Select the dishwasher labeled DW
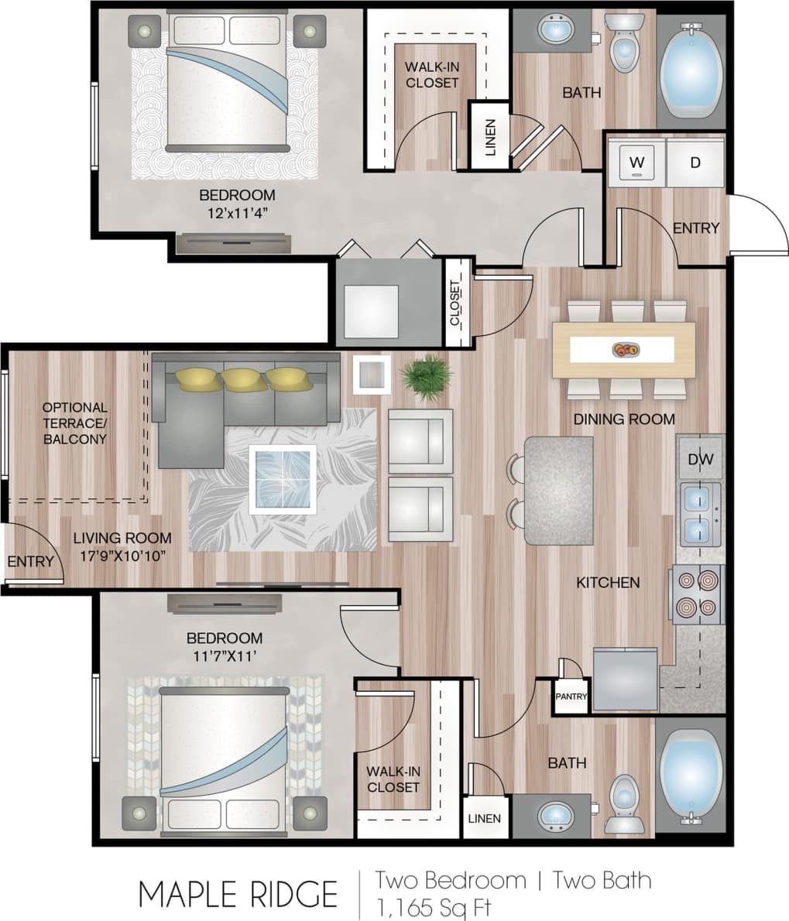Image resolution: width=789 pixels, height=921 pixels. (700, 460)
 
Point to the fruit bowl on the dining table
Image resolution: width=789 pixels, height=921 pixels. (624, 350)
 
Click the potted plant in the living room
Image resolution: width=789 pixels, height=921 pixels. (425, 376)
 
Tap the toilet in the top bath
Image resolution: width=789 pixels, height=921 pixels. (623, 44)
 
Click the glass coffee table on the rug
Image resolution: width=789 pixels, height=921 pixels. (283, 479)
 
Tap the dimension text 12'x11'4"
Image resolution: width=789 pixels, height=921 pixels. (237, 211)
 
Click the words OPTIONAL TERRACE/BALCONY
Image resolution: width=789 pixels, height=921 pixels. (74, 423)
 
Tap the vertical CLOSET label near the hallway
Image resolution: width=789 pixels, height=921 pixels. (455, 302)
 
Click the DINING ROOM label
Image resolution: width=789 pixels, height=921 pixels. (623, 419)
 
